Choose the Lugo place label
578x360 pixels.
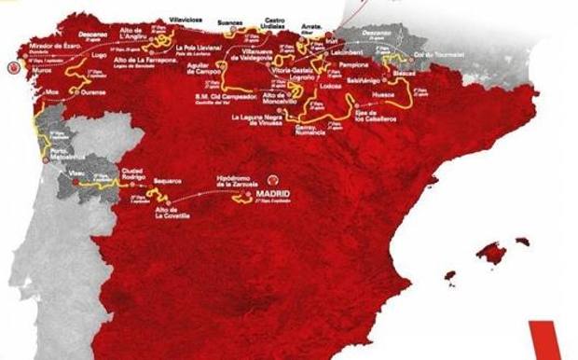pyautogui.click(x=98, y=56)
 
